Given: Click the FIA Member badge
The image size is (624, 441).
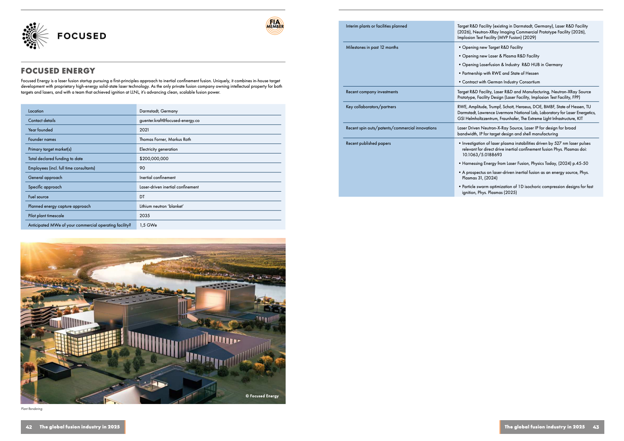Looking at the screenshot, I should pos(275,26).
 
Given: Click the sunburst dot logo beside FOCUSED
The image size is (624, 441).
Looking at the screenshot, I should pos(35,36).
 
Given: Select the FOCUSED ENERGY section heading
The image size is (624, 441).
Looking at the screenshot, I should pos(58,71).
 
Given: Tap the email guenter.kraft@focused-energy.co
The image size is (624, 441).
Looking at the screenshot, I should pos(169,120).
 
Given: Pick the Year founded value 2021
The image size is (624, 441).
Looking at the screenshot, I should pos(144,130).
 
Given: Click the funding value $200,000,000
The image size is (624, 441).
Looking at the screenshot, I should pos(154,159).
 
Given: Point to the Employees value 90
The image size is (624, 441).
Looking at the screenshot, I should pos(142,168).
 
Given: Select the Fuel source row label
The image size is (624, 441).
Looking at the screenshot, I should pos(38,197).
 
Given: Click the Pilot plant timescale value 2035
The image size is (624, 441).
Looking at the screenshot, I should pos(144,216).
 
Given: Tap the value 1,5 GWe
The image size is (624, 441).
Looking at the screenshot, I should pos(148,225).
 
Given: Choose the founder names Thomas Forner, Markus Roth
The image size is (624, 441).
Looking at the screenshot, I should pos(165,139).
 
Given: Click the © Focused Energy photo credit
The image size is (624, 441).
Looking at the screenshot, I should pos(262,396).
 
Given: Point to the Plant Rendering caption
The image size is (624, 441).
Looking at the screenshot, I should pos(31,409).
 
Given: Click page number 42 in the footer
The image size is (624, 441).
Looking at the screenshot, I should pos(29,427).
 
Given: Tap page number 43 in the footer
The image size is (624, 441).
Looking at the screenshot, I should pos(596,427).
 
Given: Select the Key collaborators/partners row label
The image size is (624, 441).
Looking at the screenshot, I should pos(371,107).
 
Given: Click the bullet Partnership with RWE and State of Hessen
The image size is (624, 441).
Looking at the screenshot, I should pos(500,73).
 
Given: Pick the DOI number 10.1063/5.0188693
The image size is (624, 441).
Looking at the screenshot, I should pos(482,155).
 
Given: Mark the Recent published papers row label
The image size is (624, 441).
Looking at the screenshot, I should pos(368,143).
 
